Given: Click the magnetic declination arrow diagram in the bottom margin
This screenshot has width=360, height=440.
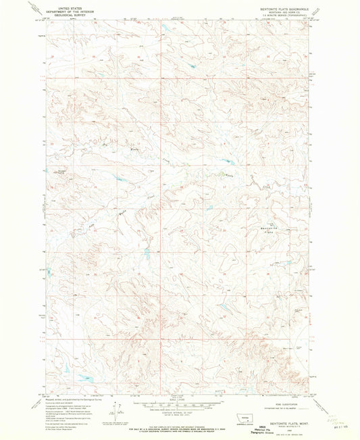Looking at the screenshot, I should pyautogui.click(x=120, y=410).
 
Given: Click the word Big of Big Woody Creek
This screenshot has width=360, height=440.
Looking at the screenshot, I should pyautogui.click(x=104, y=144).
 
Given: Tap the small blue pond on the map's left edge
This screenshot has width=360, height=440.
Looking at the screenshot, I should pyautogui.click(x=49, y=272).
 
